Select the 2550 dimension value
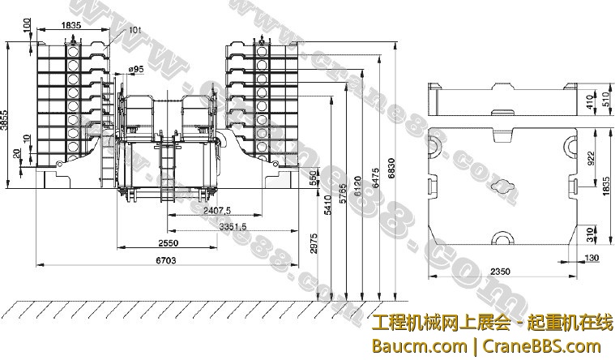point(168,242)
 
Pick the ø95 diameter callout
point(136,71)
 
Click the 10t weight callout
point(135,30)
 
